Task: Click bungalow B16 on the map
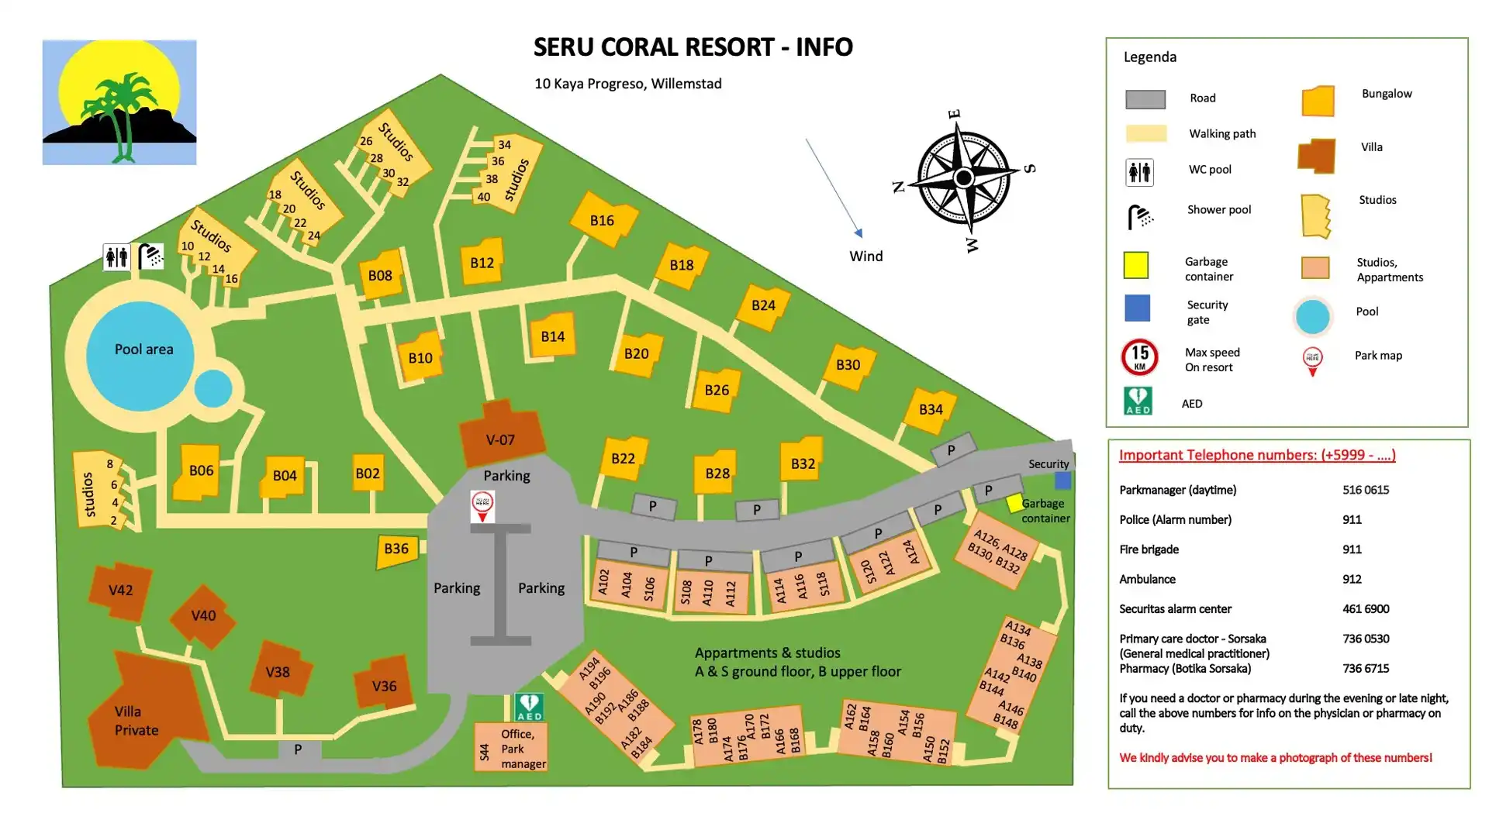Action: (x=603, y=220)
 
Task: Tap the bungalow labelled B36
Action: (x=396, y=549)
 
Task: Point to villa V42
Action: (x=120, y=591)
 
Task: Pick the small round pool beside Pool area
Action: (x=213, y=388)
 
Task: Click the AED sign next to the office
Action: (x=529, y=707)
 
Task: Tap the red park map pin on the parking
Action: (x=482, y=506)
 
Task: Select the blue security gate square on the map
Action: (x=1062, y=480)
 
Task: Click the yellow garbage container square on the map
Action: (x=1014, y=504)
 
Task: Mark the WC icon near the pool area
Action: (x=116, y=257)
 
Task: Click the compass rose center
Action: (x=964, y=178)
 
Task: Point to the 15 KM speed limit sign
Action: (x=1139, y=357)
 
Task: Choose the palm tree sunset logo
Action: (x=119, y=102)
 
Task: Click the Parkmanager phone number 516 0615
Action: (x=1366, y=490)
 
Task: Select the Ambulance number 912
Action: (x=1352, y=579)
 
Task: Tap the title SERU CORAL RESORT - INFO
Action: (x=693, y=47)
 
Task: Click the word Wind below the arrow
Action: (x=865, y=257)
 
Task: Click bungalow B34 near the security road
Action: (x=931, y=410)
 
